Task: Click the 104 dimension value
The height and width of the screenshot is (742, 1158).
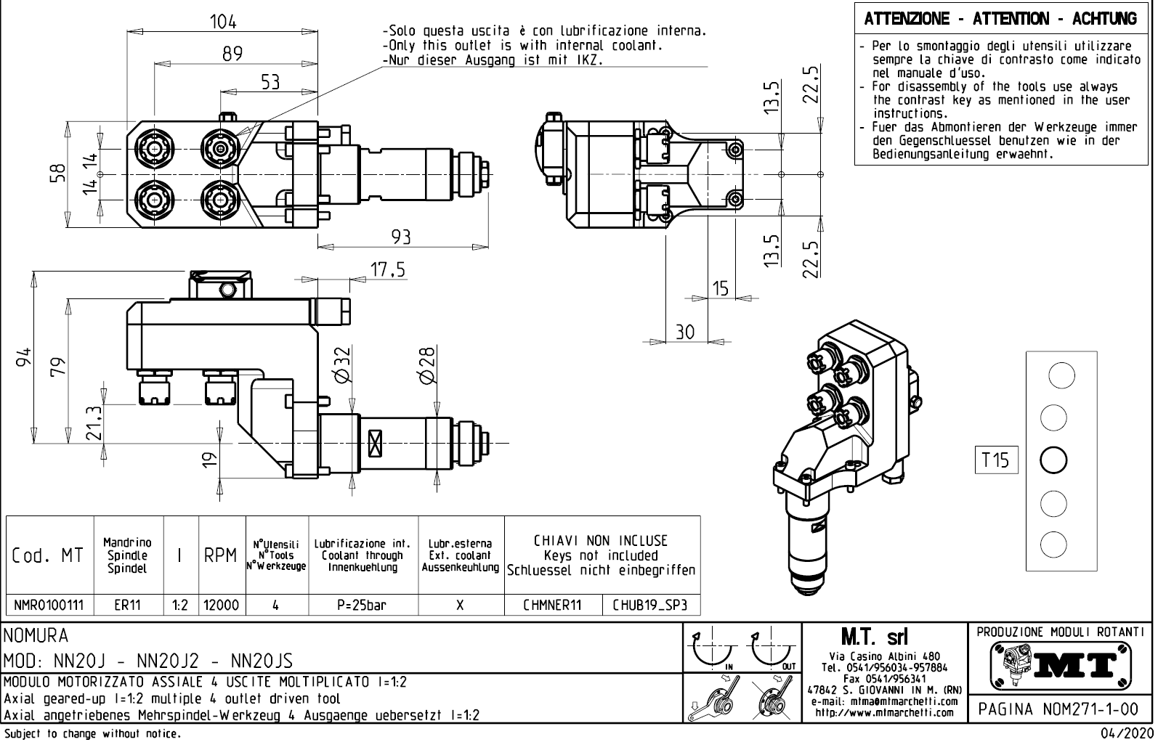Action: [x=223, y=22]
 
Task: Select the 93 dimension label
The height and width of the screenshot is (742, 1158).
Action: [x=400, y=237]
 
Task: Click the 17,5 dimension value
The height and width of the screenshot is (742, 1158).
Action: [x=387, y=270]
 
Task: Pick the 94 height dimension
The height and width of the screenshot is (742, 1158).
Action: [x=25, y=356]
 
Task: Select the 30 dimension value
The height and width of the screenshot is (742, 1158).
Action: [x=685, y=332]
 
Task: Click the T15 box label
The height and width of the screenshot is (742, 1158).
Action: [x=995, y=460]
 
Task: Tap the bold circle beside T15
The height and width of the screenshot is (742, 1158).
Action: [x=1053, y=460]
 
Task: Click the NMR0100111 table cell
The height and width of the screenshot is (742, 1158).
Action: [x=49, y=605]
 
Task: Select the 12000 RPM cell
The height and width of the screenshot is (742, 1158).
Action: [x=222, y=605]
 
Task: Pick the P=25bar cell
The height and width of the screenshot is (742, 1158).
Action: [x=362, y=605]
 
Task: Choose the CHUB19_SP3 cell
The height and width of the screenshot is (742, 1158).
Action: [x=649, y=605]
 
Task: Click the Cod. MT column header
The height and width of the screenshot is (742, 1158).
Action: [x=48, y=556]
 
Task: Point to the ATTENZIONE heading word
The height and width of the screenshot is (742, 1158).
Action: [x=907, y=19]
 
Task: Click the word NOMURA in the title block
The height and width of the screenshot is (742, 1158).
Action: [x=36, y=637]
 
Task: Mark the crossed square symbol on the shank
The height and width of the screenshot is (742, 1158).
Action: [x=376, y=443]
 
